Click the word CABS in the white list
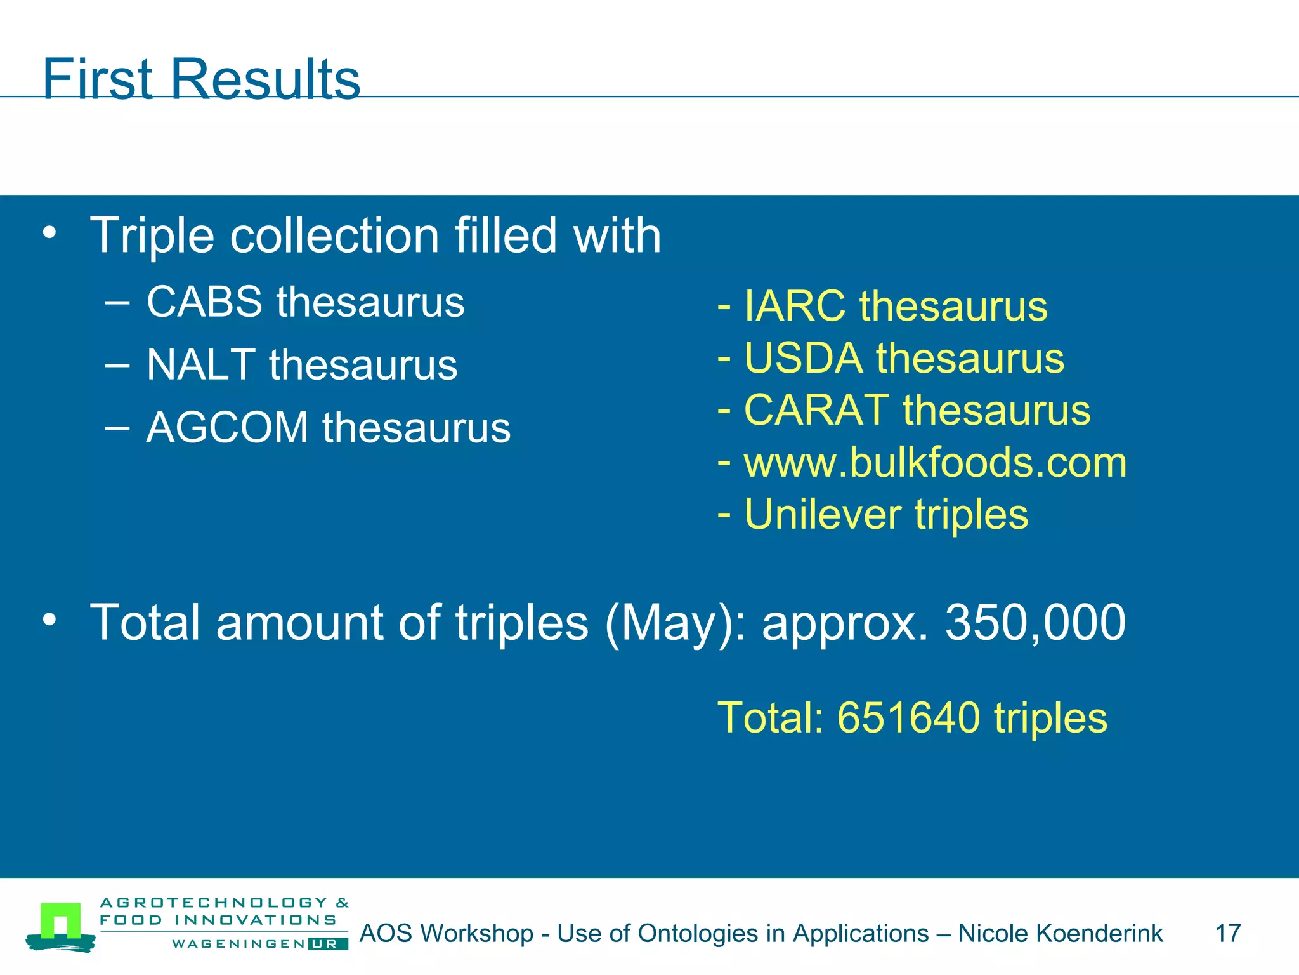(204, 302)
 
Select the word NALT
(200, 365)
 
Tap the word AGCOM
(227, 427)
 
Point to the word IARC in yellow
(794, 307)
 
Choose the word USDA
(803, 359)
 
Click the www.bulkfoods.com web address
(935, 462)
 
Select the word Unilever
(822, 514)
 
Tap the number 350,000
(1035, 623)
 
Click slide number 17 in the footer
(1227, 934)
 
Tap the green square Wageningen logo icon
(60, 921)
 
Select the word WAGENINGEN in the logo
(238, 944)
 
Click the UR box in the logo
(327, 944)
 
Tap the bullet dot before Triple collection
(49, 233)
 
